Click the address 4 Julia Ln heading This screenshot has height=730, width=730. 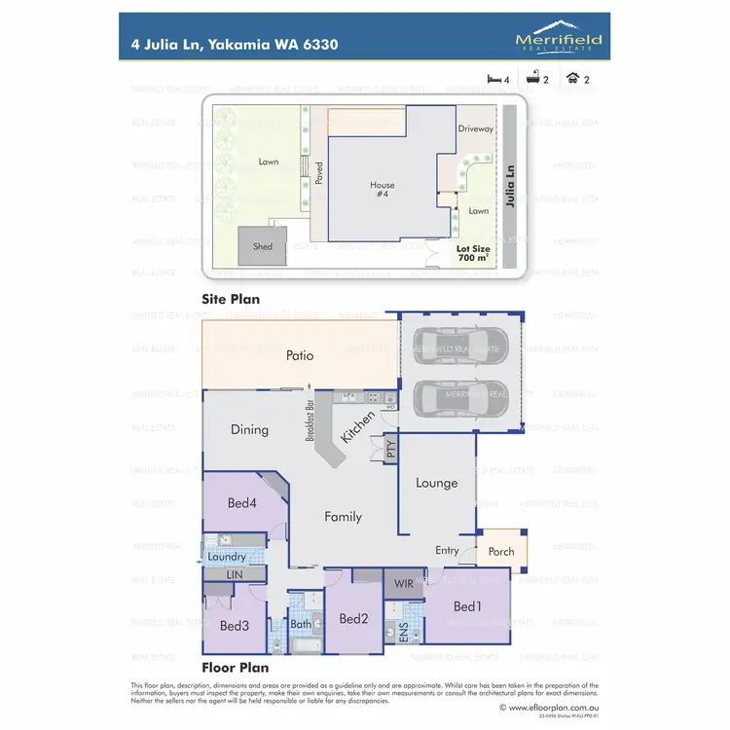(x=235, y=44)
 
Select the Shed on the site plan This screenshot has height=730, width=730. (x=263, y=246)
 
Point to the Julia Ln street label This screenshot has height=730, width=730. (x=513, y=185)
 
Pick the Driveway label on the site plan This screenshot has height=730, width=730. (x=476, y=128)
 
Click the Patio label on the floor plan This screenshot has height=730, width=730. (x=300, y=356)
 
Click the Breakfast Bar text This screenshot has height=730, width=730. (x=310, y=420)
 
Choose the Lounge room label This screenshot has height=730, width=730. (x=436, y=483)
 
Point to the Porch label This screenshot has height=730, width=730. (x=501, y=552)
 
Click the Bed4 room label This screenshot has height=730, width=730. (x=242, y=503)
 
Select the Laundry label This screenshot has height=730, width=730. (x=227, y=558)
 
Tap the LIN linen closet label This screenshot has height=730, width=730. (x=234, y=575)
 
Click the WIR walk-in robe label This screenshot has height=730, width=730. (x=402, y=583)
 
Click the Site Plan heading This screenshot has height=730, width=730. (x=230, y=299)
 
